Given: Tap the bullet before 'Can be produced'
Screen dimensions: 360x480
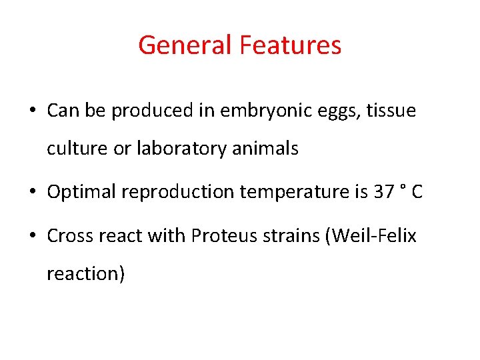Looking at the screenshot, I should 33,111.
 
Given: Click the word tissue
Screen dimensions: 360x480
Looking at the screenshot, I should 390,111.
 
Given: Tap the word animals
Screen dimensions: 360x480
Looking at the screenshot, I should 266,148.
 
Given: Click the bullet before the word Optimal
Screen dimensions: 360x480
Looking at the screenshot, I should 33,193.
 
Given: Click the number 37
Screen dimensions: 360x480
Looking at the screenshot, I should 384,192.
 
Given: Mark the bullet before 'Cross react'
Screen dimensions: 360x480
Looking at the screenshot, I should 33,236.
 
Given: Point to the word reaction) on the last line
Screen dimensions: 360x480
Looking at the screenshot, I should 85,273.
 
